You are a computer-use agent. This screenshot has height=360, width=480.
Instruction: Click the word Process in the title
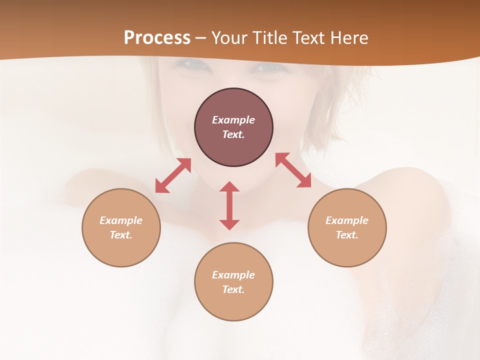pyautogui.click(x=157, y=37)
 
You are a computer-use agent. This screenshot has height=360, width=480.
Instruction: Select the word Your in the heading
pyautogui.click(x=227, y=37)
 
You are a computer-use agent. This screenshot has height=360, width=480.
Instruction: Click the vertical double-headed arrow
pyautogui.click(x=229, y=205)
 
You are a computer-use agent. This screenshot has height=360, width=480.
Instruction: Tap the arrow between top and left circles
pyautogui.click(x=173, y=175)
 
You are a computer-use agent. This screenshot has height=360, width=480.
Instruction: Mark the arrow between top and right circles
pyautogui.click(x=293, y=170)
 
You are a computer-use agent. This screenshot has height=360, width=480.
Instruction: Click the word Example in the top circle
pyautogui.click(x=233, y=120)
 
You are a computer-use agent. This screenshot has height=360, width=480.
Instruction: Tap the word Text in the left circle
pyautogui.click(x=121, y=235)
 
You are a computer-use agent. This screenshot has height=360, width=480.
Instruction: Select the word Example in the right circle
pyautogui.click(x=347, y=220)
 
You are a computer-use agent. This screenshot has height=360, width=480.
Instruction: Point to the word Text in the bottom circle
pyautogui.click(x=233, y=289)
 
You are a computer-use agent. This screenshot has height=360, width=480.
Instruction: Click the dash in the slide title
pyautogui.click(x=200, y=38)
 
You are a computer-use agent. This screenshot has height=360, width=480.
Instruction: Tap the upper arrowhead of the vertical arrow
pyautogui.click(x=229, y=187)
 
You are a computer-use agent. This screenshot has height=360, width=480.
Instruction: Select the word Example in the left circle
pyautogui.click(x=121, y=220)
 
